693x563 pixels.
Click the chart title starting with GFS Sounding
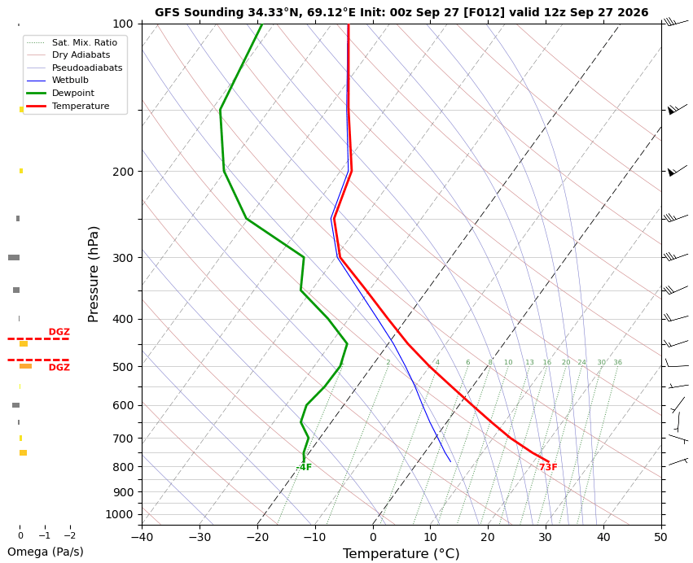[401, 12]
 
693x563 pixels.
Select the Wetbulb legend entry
[58, 81]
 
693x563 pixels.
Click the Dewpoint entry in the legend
[60, 94]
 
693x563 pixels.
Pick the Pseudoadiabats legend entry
[75, 68]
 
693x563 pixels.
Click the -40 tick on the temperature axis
[142, 538]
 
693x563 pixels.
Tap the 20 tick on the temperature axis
[489, 538]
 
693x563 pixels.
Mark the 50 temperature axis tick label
[661, 538]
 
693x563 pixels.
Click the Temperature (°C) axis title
[401, 554]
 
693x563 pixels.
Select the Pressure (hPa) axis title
[93, 274]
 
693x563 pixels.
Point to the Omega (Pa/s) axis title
[45, 552]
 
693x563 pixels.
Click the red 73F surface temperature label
[548, 467]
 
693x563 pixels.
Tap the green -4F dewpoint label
[304, 467]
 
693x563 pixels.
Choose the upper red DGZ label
[59, 332]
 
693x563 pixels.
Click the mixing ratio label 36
[617, 363]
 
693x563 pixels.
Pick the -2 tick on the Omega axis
[70, 535]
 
